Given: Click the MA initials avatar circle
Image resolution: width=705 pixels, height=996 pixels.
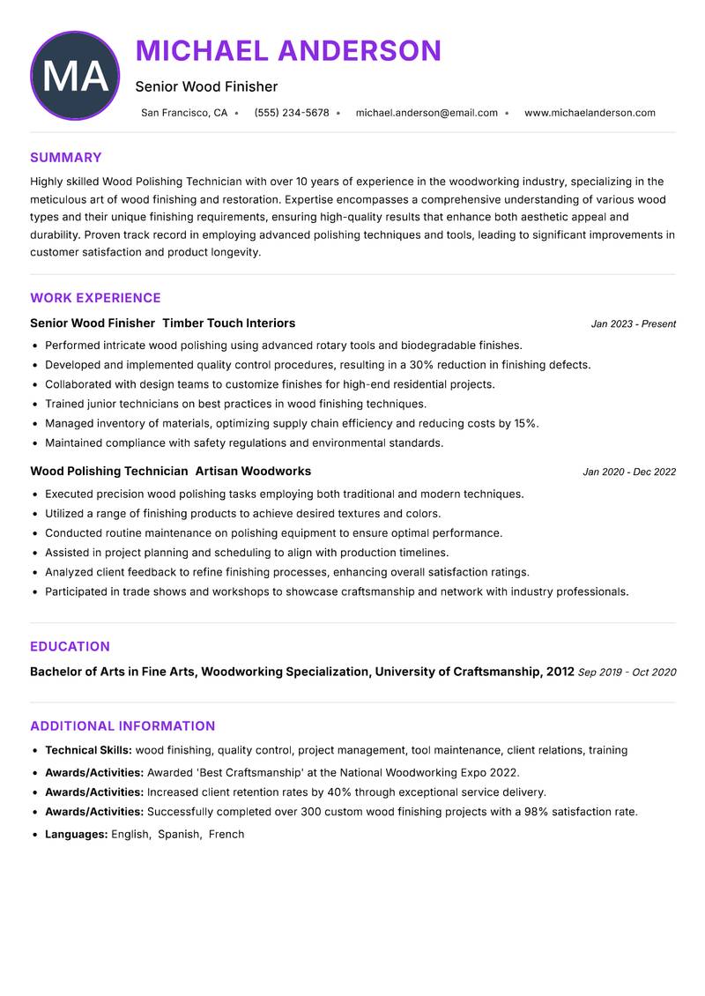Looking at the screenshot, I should pyautogui.click(x=75, y=76).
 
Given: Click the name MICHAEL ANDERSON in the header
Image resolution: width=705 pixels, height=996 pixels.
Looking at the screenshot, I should pyautogui.click(x=288, y=50).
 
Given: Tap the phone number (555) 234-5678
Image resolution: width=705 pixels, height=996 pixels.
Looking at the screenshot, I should pyautogui.click(x=292, y=113).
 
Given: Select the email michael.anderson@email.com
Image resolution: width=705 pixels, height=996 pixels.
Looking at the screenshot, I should pyautogui.click(x=427, y=113).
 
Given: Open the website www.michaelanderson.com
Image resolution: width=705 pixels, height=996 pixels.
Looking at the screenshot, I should pyautogui.click(x=590, y=113).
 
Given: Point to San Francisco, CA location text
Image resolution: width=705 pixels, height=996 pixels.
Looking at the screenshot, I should pyautogui.click(x=184, y=113).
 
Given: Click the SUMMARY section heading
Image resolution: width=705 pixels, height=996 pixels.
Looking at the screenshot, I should pyautogui.click(x=66, y=158).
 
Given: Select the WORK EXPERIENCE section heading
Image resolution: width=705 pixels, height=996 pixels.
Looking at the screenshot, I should pyautogui.click(x=95, y=298).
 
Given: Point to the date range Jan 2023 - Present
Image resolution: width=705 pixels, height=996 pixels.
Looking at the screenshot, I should pyautogui.click(x=633, y=324).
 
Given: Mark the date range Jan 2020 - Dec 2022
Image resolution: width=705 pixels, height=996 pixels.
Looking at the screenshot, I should pyautogui.click(x=629, y=472).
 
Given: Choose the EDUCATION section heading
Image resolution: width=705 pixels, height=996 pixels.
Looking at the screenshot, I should pyautogui.click(x=70, y=646).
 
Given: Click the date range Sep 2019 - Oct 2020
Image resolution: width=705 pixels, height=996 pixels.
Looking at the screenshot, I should pyautogui.click(x=627, y=673).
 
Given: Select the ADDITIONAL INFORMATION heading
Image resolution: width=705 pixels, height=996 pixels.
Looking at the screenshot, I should pyautogui.click(x=122, y=726).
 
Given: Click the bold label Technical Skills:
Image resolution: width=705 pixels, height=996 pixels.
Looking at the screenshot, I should pyautogui.click(x=88, y=750).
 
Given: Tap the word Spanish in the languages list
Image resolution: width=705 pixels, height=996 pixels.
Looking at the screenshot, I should pyautogui.click(x=179, y=834).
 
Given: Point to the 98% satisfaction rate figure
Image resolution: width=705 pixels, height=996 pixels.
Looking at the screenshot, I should pyautogui.click(x=538, y=812).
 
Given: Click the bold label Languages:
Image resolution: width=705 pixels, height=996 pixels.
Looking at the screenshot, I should pyautogui.click(x=76, y=834).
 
